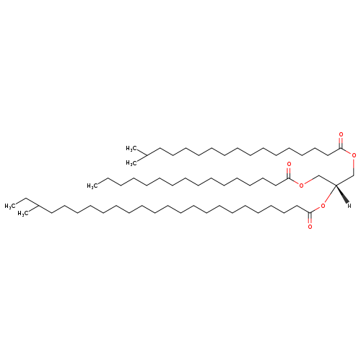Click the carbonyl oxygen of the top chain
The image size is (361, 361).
(341, 134)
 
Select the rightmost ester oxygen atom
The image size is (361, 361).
(354, 155)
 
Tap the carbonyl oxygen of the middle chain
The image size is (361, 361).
(289, 165)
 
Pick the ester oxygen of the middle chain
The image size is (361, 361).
(301, 185)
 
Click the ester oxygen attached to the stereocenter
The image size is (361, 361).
(323, 206)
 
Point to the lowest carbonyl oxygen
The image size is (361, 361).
(310, 227)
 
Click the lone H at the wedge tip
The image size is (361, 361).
(349, 206)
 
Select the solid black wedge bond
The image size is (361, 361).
(342, 193)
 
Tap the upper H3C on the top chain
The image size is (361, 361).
(131, 148)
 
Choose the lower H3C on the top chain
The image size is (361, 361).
(131, 163)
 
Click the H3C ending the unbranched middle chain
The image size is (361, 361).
(92, 186)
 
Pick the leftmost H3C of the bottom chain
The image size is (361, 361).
(10, 206)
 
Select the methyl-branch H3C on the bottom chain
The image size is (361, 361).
(23, 214)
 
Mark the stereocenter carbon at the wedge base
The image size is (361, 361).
(336, 185)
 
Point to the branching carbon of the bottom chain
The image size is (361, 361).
(39, 206)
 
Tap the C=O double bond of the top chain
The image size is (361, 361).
(341, 143)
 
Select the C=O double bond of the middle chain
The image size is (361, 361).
(289, 173)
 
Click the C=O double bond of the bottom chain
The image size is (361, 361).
(310, 218)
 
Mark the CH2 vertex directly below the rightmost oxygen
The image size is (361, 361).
(354, 175)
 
